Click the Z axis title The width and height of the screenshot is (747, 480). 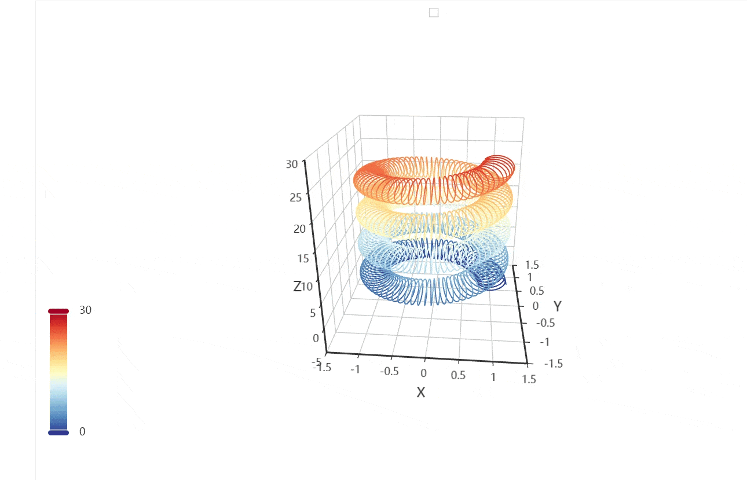coord(297,287)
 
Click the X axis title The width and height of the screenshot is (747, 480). coord(421,393)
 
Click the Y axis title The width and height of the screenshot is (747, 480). coord(558,306)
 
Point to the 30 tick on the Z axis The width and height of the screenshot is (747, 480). coord(292,164)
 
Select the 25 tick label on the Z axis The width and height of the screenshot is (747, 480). coord(295,197)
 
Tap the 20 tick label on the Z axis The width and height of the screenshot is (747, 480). coord(299,229)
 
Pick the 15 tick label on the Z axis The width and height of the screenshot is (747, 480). coord(303,258)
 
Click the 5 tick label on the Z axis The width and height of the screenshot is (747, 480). coord(313,313)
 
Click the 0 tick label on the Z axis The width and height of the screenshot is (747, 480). coord(316,338)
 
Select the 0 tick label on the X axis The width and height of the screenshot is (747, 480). coord(423,373)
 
